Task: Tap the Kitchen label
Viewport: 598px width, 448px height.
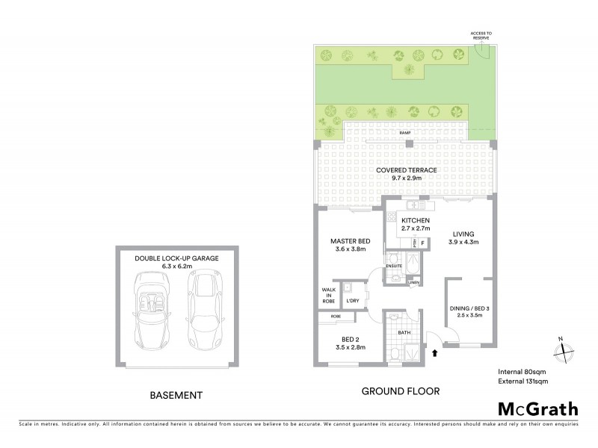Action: click(415, 225)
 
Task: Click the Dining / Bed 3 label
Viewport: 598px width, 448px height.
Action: click(470, 313)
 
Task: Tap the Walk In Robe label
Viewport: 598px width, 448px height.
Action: click(328, 295)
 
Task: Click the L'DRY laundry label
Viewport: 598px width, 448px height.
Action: click(352, 300)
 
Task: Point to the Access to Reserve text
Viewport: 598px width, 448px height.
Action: click(481, 36)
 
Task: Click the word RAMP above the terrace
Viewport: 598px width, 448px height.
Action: click(405, 133)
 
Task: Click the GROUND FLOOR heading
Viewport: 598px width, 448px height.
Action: click(400, 391)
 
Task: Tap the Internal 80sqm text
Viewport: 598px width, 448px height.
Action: click(520, 371)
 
